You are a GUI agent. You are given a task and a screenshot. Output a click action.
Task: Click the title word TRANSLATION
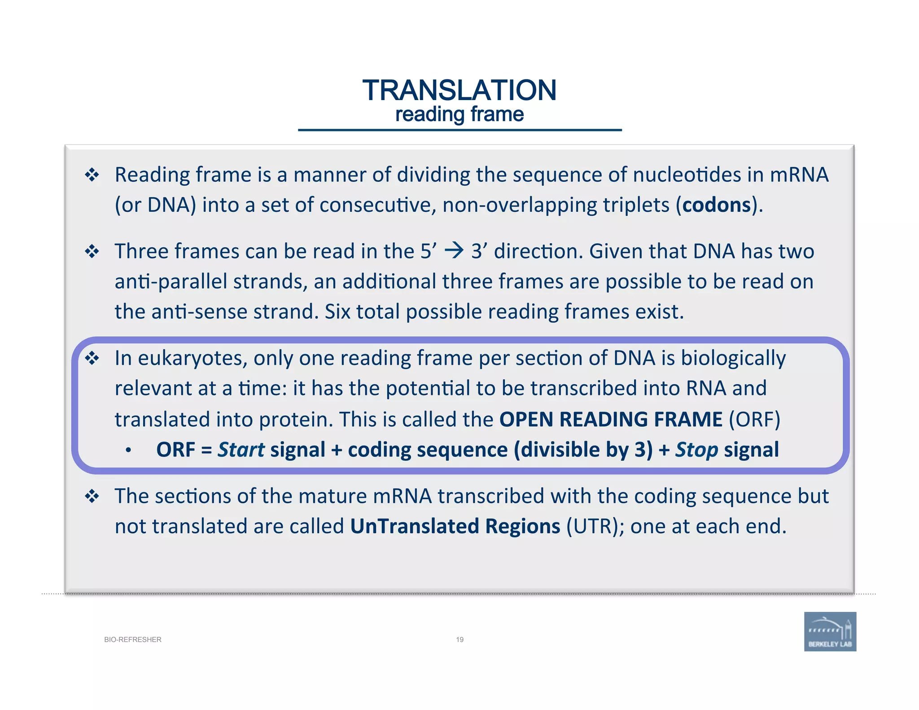(x=459, y=90)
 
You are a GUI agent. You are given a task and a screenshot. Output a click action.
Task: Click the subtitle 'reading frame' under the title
(x=459, y=114)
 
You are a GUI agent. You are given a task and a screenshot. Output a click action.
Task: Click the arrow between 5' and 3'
(x=454, y=250)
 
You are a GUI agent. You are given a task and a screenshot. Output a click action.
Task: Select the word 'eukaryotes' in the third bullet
(x=192, y=358)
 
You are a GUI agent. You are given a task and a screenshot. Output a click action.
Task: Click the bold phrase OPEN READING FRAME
(x=611, y=420)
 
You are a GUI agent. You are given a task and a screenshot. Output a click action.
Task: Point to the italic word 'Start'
(x=241, y=450)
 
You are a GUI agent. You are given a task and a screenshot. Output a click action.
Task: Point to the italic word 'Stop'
(x=697, y=450)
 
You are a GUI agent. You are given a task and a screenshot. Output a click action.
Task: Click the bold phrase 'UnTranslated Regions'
(x=455, y=526)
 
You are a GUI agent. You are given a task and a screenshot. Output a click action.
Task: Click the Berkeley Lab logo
(x=830, y=631)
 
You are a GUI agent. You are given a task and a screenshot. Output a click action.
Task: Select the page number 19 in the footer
(x=459, y=640)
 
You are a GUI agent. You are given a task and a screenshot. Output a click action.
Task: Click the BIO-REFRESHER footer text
(x=133, y=640)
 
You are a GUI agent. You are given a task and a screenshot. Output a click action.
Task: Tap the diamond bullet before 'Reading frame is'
(x=92, y=175)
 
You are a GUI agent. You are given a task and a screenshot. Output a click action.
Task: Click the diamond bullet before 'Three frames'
(x=92, y=251)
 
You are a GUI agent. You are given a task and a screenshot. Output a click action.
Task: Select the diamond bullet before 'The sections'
(x=92, y=496)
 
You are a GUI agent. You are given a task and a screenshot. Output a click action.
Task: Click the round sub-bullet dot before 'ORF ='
(x=129, y=450)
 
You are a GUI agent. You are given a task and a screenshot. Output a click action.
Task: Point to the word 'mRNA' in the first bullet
(x=799, y=175)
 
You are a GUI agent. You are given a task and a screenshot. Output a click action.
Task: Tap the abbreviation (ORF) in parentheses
(x=754, y=420)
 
